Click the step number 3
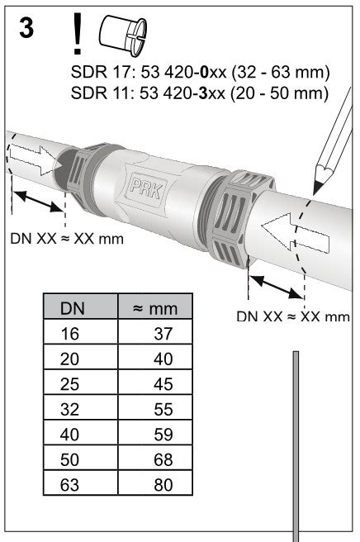coord(26,28)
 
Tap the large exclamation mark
coord(77,34)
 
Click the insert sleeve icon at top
coord(123,36)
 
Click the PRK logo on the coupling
coord(145,187)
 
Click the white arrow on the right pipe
coord(295,233)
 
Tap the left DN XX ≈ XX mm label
coord(67,239)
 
